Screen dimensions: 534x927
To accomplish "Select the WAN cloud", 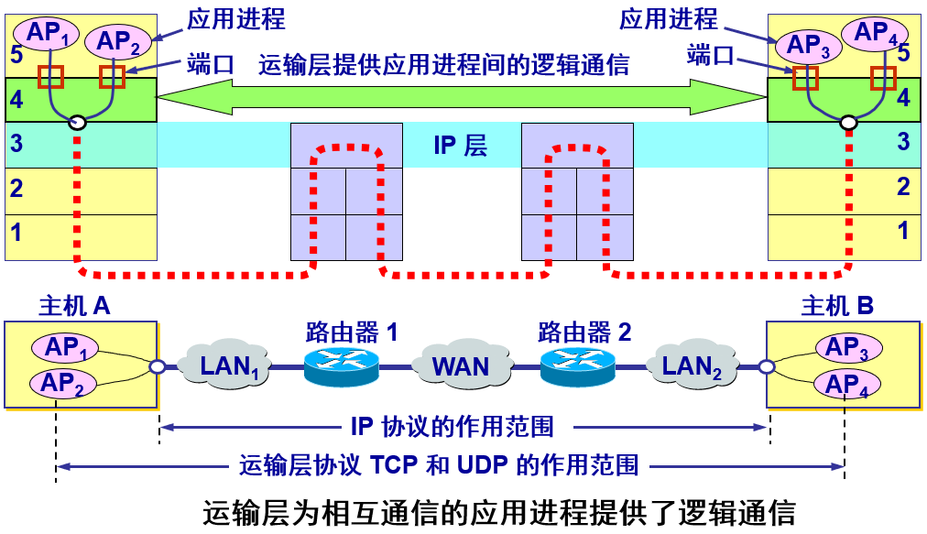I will coord(461,366).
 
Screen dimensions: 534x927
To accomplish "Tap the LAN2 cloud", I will coord(693,366).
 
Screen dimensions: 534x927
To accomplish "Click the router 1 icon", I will coord(341,365).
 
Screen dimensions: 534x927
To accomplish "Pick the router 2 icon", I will coord(577,365).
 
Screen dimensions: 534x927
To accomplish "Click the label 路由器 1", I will coord(353,332).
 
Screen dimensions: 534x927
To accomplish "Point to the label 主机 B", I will coord(837,306).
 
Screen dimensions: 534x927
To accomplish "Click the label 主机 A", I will coord(74,306).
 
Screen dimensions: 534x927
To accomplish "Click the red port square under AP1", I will coord(50,76).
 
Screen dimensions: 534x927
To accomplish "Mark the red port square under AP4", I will coord(883,78).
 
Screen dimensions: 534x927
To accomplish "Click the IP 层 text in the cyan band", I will coord(461,145).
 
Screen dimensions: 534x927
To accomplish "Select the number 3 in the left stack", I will coord(16,144).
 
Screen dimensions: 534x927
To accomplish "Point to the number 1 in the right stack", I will coord(903,231).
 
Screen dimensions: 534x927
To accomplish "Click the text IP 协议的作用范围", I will coord(464,426).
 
